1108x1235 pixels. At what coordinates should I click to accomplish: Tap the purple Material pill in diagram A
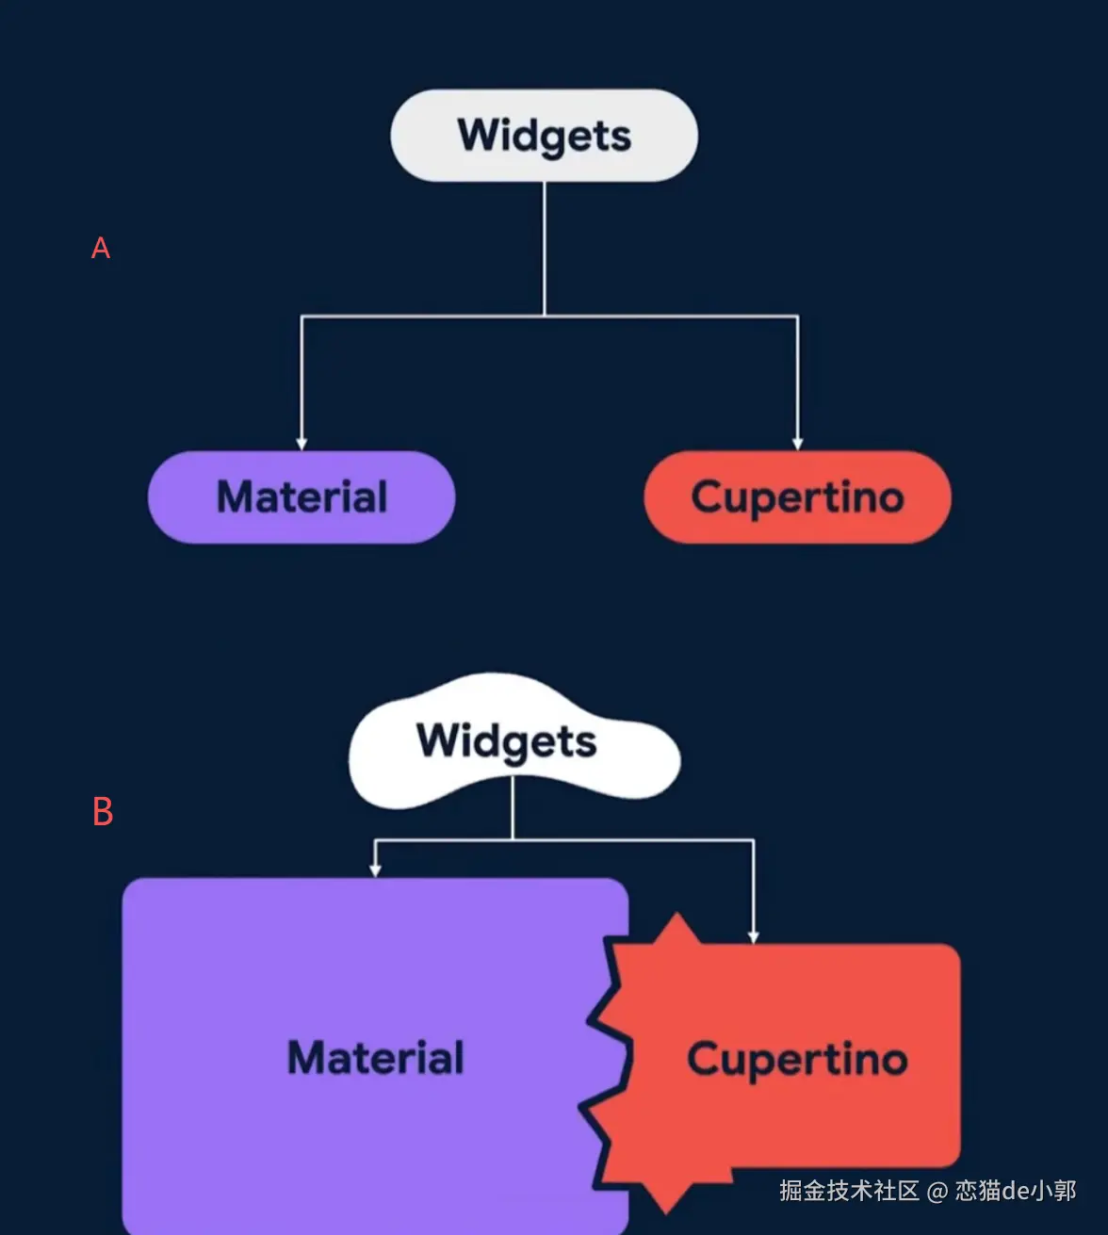click(301, 497)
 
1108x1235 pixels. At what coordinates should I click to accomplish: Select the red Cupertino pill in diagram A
click(797, 497)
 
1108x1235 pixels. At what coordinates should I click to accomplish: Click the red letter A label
click(101, 248)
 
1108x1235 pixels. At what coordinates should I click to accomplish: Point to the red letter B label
click(103, 811)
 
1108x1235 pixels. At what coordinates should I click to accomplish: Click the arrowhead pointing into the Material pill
click(301, 443)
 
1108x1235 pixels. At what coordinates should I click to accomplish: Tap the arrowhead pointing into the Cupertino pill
click(798, 443)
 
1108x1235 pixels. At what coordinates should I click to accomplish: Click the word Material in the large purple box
click(375, 1058)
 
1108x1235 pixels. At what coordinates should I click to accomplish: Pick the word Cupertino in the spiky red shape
click(797, 1059)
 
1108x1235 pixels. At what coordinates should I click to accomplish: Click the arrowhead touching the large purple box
click(375, 870)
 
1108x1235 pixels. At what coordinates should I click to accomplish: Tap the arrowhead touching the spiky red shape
click(753, 936)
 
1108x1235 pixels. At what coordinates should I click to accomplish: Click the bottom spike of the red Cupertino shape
click(667, 1205)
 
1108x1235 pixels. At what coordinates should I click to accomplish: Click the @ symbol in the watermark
click(937, 1192)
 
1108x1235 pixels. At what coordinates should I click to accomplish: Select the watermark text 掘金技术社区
click(849, 1191)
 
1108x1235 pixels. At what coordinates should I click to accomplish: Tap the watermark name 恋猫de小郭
click(1015, 1191)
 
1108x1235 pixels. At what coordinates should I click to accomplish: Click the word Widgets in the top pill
click(545, 136)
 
